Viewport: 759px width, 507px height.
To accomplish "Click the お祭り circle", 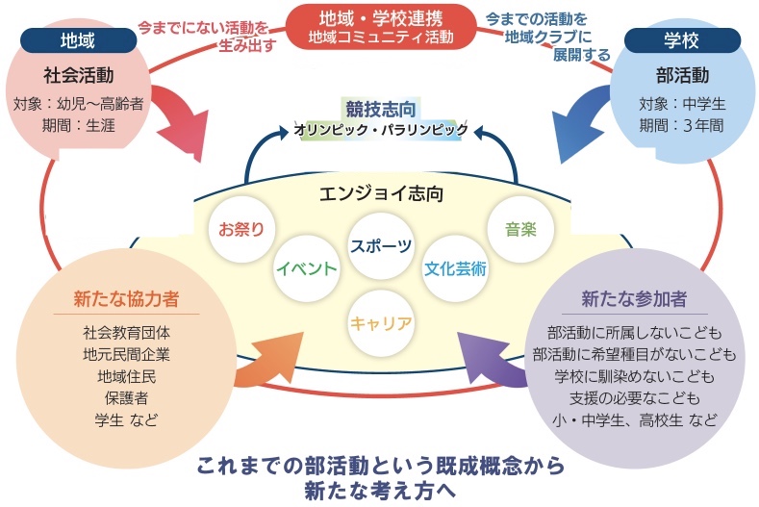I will [242, 229].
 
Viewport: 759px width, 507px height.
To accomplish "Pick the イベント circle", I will [305, 266].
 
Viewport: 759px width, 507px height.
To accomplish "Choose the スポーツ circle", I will [381, 246].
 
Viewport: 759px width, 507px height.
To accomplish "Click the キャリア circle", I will [381, 322].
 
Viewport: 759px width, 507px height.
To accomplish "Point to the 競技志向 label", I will [381, 108].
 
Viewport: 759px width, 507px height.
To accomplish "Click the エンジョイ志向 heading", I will [381, 192].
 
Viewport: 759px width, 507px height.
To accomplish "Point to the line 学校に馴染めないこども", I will [633, 376].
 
